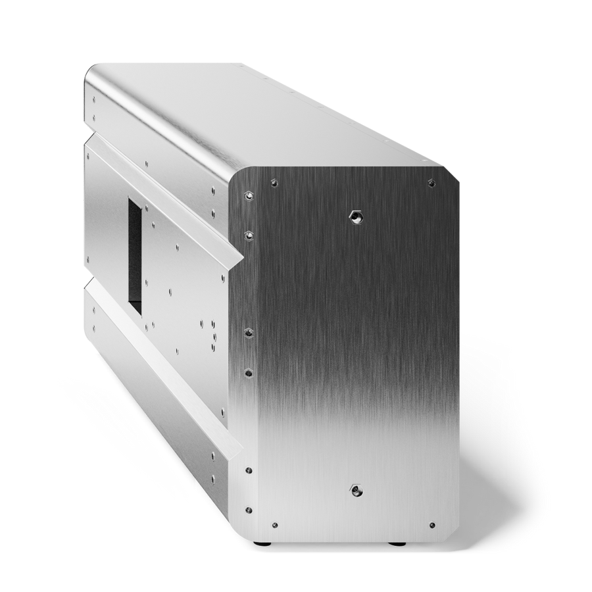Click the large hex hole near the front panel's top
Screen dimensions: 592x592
tap(355, 216)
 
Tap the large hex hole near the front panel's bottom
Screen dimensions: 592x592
tap(355, 489)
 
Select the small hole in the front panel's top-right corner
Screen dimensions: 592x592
tap(432, 182)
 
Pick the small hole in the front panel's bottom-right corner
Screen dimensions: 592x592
tap(432, 525)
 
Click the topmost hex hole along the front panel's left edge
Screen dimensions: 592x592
tap(248, 195)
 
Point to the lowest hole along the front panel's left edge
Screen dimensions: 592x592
tap(248, 508)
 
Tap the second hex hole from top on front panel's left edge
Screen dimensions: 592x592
tap(248, 234)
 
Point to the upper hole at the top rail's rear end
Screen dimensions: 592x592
tap(94, 101)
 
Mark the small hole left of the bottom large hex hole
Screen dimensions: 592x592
tap(274, 525)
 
